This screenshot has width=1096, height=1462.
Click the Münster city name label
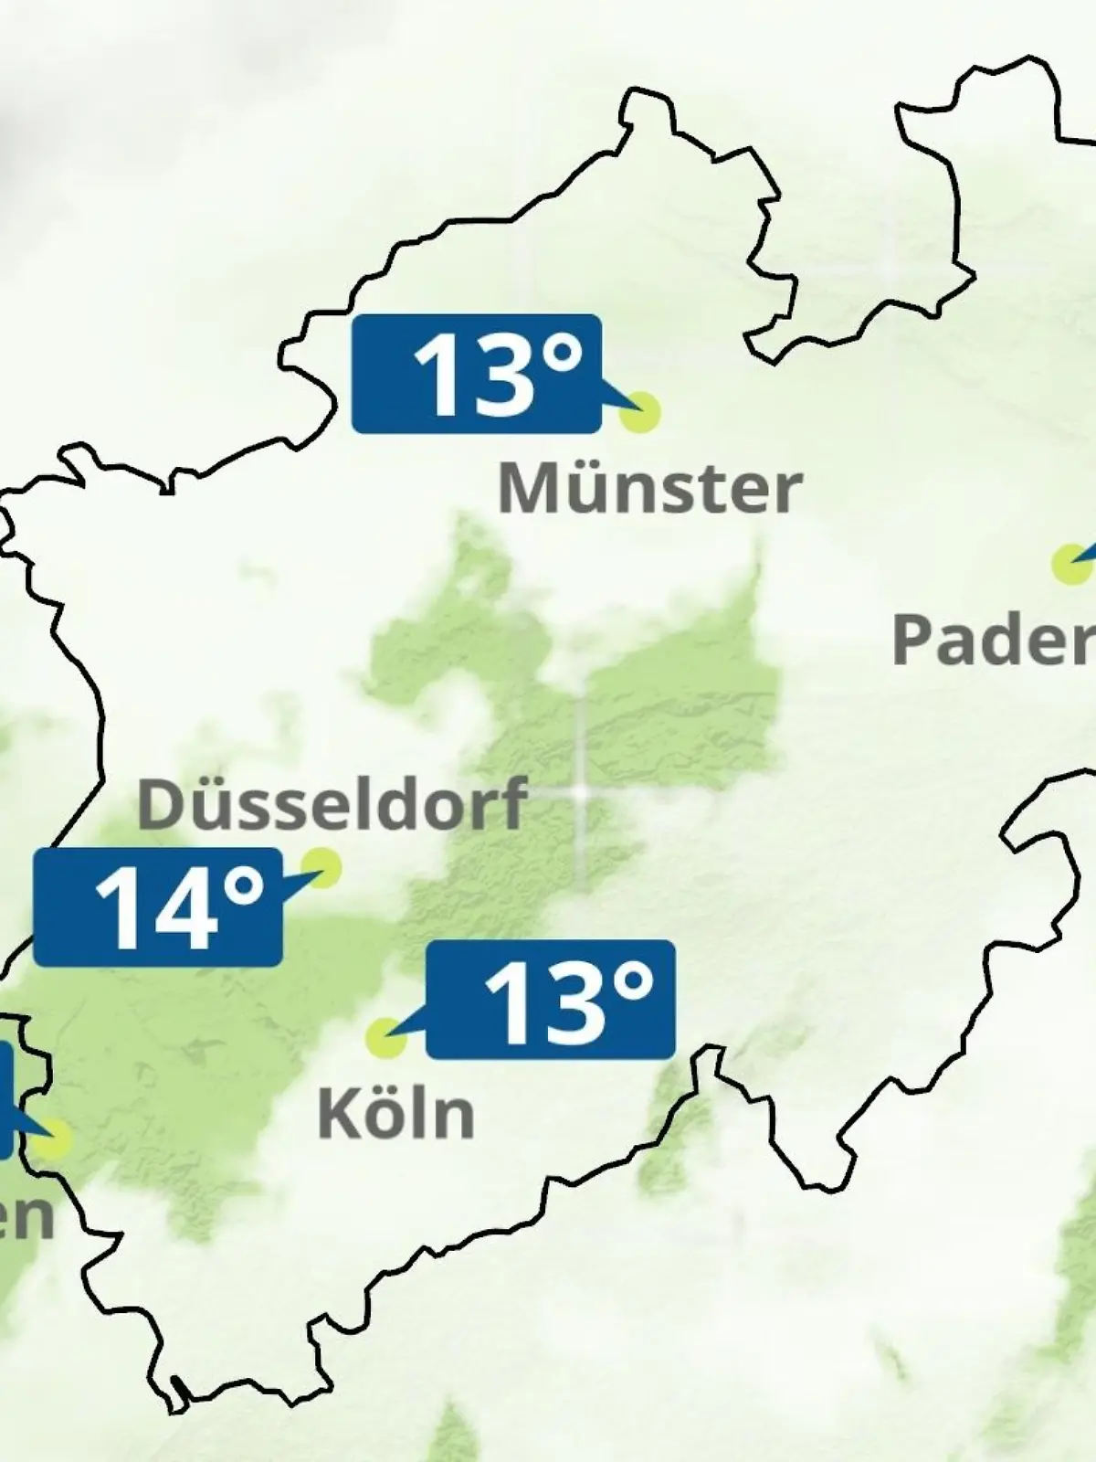[x=649, y=489]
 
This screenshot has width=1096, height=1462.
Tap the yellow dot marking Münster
[x=639, y=412]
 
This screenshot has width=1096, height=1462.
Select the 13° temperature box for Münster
[x=477, y=374]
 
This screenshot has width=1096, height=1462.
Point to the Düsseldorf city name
[x=332, y=804]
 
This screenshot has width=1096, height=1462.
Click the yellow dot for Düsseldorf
[x=321, y=866]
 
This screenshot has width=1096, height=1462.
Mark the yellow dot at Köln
[x=385, y=1037]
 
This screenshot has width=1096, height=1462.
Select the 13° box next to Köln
[x=551, y=1000]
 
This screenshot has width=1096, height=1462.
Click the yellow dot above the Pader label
[x=1068, y=564]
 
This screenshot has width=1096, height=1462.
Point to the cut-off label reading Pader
[x=994, y=640]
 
